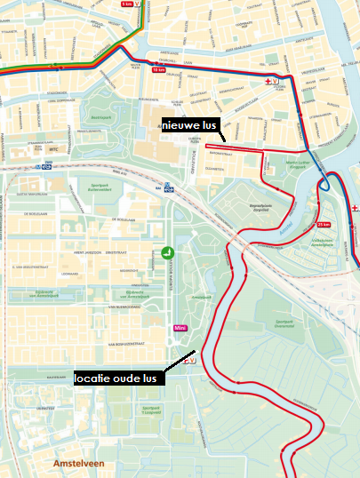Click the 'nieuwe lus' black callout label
(189, 126)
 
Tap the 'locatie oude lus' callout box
(115, 378)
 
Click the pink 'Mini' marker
(179, 329)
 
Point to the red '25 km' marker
(322, 224)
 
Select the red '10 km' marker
(158, 68)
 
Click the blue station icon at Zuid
(42, 165)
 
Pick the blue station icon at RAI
(168, 188)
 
